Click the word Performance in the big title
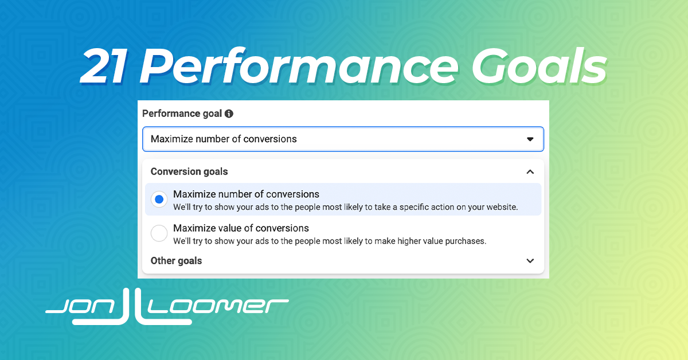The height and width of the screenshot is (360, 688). pyautogui.click(x=299, y=66)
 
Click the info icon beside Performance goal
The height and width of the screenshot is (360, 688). pyautogui.click(x=229, y=114)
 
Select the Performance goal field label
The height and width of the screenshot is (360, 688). pyautogui.click(x=182, y=114)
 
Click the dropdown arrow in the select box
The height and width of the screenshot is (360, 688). pyautogui.click(x=530, y=139)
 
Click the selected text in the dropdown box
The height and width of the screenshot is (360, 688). pyautogui.click(x=224, y=139)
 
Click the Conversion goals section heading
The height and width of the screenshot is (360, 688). pyautogui.click(x=189, y=171)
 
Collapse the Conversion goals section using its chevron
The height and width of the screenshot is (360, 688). pyautogui.click(x=530, y=172)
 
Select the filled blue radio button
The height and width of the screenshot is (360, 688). pyautogui.click(x=159, y=199)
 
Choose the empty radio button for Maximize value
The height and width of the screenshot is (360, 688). pyautogui.click(x=159, y=233)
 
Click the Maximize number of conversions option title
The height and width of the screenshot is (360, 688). pyautogui.click(x=246, y=194)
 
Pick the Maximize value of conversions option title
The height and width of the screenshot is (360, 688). pyautogui.click(x=241, y=228)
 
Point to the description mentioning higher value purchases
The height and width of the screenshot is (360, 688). pyautogui.click(x=330, y=241)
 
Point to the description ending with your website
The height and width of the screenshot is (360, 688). pyautogui.click(x=346, y=208)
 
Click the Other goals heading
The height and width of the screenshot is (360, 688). pyautogui.click(x=177, y=261)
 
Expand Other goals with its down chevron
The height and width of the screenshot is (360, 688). pyautogui.click(x=530, y=261)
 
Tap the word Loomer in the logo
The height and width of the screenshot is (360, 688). pyautogui.click(x=218, y=306)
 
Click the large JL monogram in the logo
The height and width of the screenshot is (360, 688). pyautogui.click(x=132, y=307)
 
